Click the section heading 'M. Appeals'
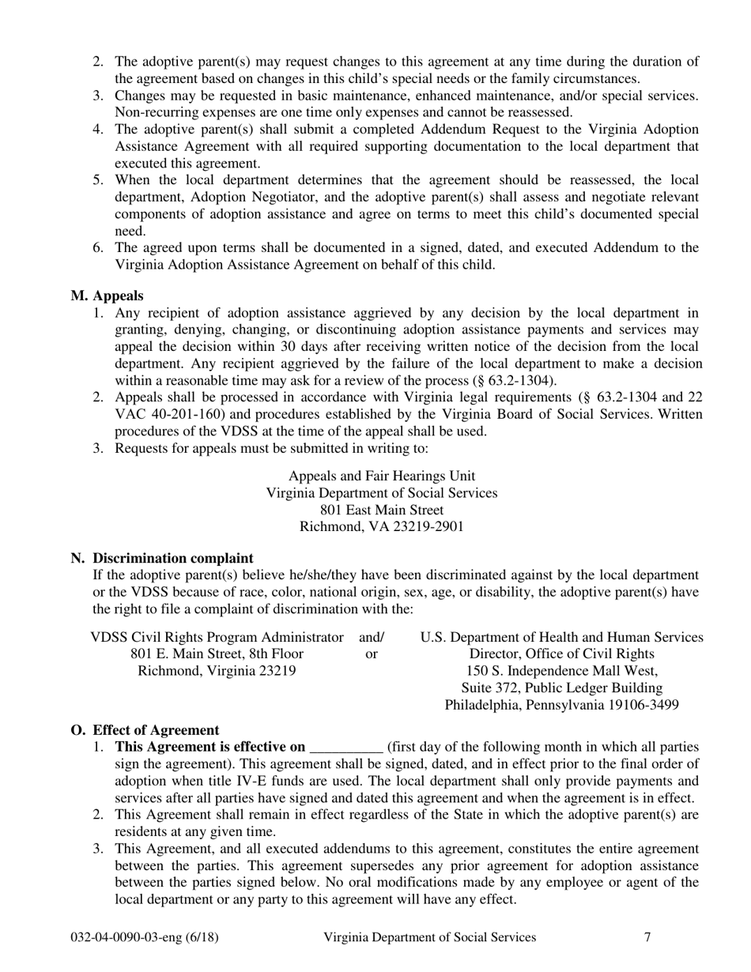coord(107,296)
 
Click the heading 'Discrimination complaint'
coord(173,558)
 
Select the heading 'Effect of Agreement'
coord(156,729)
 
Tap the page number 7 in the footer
coord(647,937)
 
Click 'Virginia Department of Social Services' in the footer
coord(429,937)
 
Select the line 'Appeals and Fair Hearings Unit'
coord(382,476)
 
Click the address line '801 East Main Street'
coord(382,510)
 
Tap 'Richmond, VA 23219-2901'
coord(382,527)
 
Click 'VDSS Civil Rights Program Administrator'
coord(217,637)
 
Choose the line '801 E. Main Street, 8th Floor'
coord(217,654)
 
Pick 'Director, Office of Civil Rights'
coord(561,654)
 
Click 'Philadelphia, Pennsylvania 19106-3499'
coord(561,705)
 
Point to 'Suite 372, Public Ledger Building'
coord(561,688)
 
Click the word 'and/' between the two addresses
coord(372,637)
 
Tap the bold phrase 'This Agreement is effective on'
coord(210,747)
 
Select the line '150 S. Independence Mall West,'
coord(561,671)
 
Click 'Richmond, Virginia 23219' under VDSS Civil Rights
coord(217,671)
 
